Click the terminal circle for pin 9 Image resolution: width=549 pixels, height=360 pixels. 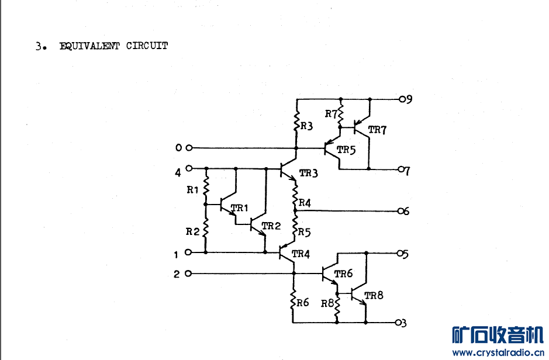point(402,99)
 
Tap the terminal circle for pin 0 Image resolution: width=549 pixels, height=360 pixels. point(189,148)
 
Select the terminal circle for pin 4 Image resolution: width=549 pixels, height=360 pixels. point(189,168)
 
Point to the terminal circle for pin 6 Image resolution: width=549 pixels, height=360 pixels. point(400,211)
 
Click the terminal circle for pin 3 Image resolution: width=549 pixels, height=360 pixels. point(398,323)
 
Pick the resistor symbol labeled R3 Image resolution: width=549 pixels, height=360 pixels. point(296,121)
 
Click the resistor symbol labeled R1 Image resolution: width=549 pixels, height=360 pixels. point(206,185)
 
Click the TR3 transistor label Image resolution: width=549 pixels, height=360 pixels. point(309,173)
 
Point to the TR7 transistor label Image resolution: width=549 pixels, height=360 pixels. point(377,130)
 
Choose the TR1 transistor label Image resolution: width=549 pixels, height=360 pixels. point(240,208)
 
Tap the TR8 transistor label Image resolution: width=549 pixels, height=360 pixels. point(374,296)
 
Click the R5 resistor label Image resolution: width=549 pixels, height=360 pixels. point(305,232)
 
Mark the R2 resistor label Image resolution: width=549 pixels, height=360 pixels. point(192,231)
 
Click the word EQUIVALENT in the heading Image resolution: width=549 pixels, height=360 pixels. point(89,46)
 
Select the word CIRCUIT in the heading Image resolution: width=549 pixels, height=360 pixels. point(147,46)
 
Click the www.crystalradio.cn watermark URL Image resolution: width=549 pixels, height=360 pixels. point(498,352)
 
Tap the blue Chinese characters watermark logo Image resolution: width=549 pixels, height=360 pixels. point(498,335)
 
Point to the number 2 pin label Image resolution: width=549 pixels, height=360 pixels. point(177,274)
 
